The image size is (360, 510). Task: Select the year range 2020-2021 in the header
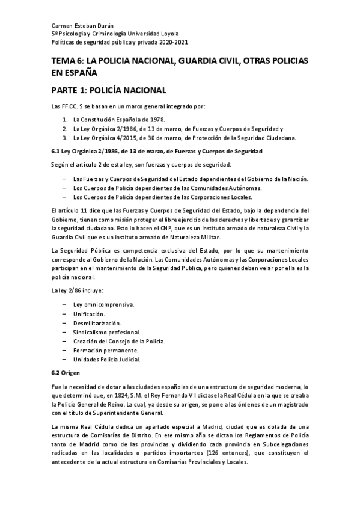171,44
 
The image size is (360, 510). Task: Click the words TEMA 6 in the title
67,63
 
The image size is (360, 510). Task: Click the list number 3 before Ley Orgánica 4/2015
64,137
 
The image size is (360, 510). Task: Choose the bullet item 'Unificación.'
89,314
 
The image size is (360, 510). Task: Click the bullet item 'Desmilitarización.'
97,323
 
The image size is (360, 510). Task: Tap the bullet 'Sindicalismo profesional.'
107,332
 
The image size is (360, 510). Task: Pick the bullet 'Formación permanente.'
106,351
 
